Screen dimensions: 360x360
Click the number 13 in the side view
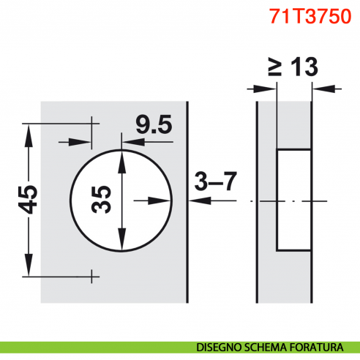pos(301,68)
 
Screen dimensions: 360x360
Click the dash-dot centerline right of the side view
pos(333,200)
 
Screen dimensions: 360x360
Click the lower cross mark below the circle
pos(92,276)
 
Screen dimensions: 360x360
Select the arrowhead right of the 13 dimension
pos(319,89)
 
